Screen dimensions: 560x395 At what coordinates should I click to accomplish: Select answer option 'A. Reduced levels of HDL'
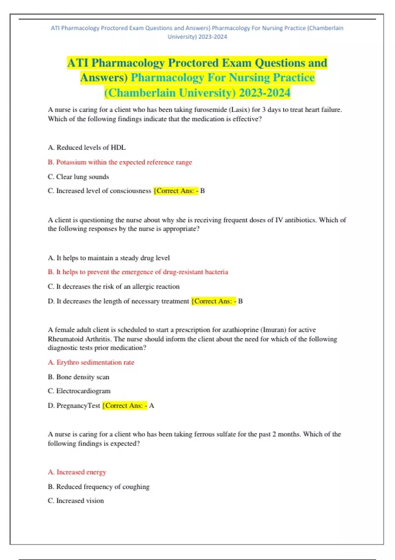click(87, 148)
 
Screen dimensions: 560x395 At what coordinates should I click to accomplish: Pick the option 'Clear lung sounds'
click(78, 177)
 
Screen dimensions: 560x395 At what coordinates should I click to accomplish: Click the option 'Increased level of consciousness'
click(99, 191)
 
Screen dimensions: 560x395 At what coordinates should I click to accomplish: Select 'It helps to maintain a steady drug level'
click(109, 258)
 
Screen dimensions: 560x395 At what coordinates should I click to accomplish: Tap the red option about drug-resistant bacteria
click(138, 272)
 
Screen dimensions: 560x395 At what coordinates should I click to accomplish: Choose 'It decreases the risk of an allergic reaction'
click(114, 287)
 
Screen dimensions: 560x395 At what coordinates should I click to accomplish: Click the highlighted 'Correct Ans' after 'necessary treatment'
click(213, 301)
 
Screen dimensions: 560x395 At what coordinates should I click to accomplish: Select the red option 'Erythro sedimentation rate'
click(91, 362)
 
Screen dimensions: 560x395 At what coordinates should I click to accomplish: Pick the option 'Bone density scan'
click(79, 377)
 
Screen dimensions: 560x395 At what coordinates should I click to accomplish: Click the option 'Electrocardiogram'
click(79, 391)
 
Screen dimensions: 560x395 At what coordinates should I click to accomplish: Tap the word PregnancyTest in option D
click(78, 406)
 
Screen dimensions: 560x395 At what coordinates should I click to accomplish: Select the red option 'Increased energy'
click(77, 472)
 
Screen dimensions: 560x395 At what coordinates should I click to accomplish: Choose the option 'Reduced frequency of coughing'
click(99, 487)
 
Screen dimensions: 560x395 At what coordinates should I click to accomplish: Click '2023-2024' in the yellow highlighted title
click(265, 93)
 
